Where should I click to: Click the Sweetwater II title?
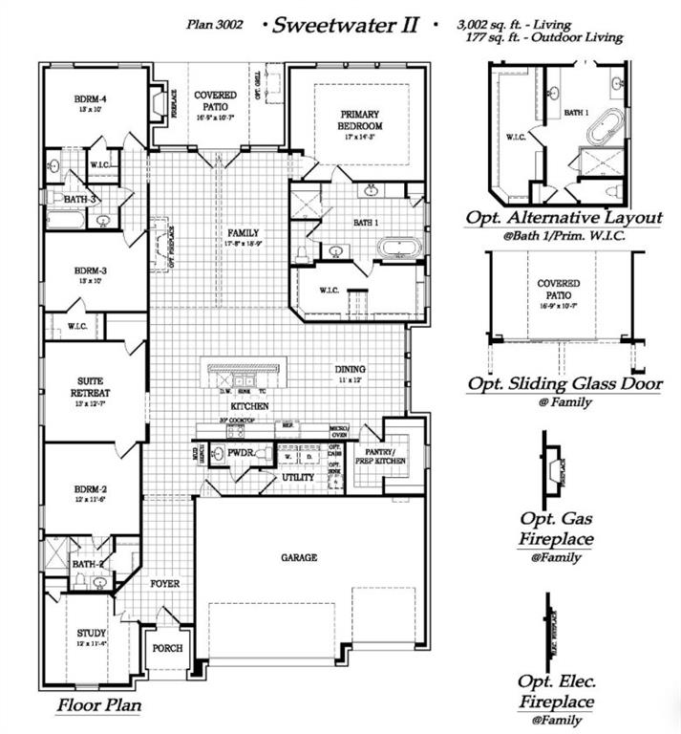click(346, 25)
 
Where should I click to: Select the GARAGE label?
click(298, 557)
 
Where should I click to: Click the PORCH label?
click(168, 648)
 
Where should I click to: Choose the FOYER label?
click(165, 583)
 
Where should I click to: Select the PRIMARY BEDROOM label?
click(361, 120)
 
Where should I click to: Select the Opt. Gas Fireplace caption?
click(557, 529)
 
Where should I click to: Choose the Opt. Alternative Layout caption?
click(564, 218)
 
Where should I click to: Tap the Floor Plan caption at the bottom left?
click(98, 706)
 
